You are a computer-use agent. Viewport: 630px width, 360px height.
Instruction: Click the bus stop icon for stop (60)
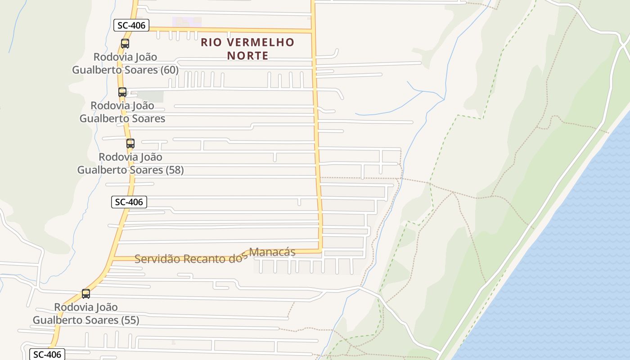(x=125, y=44)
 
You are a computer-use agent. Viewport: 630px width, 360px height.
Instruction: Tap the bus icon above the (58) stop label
(x=130, y=144)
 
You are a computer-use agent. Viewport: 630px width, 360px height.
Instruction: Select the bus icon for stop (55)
(x=86, y=294)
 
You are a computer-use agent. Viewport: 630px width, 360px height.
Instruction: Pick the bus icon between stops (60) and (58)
(x=122, y=92)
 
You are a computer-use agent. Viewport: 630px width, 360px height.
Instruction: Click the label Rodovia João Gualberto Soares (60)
(x=125, y=63)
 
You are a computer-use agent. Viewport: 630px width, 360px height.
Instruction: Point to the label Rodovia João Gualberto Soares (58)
(x=130, y=163)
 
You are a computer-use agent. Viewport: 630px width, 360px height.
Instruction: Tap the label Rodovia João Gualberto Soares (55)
(x=86, y=314)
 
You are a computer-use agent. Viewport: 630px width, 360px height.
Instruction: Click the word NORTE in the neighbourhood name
(x=247, y=56)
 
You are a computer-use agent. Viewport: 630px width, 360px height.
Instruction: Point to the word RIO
(x=211, y=43)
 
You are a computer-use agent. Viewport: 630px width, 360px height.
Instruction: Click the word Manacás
(x=272, y=252)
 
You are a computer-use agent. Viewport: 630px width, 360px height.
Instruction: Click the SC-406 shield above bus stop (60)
(x=131, y=25)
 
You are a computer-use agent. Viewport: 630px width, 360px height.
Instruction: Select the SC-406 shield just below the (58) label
(x=129, y=202)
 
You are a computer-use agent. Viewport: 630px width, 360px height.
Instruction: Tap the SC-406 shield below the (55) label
(x=47, y=355)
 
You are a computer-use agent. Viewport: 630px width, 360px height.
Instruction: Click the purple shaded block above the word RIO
(x=187, y=22)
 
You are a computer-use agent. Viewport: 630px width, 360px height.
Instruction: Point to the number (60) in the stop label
(x=169, y=70)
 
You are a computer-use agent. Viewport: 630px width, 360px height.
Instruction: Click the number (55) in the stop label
(x=130, y=320)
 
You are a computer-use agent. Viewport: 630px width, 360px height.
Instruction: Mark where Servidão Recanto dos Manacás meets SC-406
(x=113, y=258)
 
